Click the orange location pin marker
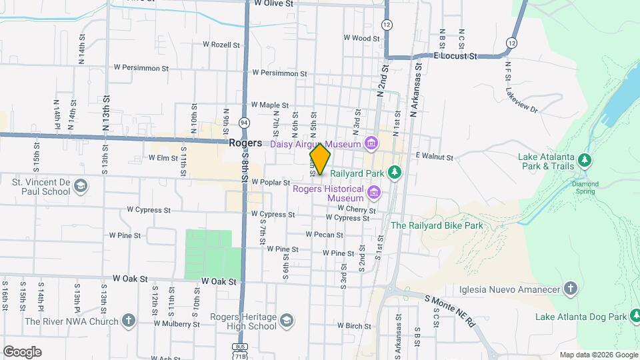(321, 159)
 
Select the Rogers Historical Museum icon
(374, 193)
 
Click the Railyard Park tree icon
(395, 172)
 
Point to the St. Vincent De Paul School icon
(81, 186)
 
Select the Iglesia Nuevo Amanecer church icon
(570, 289)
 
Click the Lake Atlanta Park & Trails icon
(585, 159)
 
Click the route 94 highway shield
(245, 123)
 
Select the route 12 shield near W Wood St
(387, 25)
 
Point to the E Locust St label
(457, 57)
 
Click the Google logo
(22, 352)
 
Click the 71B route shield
(239, 357)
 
